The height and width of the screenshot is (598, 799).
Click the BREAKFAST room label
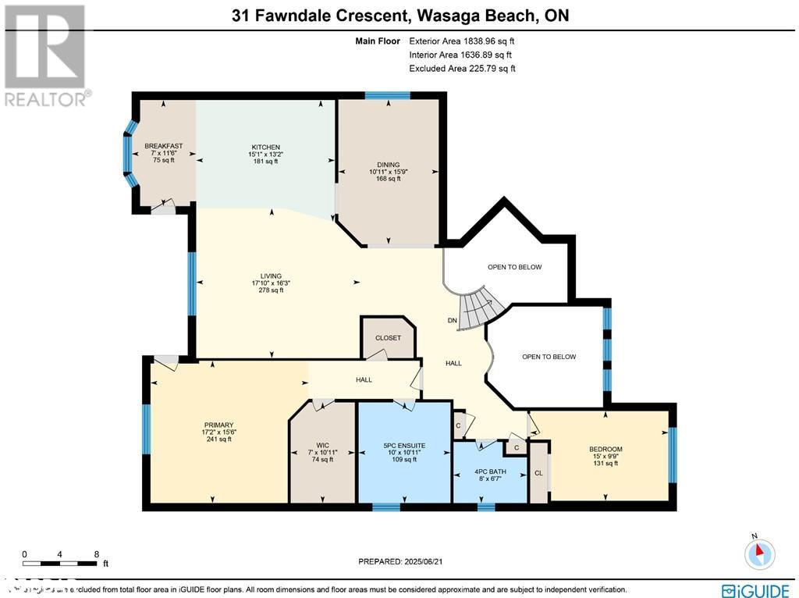[x=163, y=146]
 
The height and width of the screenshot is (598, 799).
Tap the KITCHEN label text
[x=265, y=147]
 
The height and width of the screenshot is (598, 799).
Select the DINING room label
[x=388, y=163]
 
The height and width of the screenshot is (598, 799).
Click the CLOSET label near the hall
[x=388, y=338]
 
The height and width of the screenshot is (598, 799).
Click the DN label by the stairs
[x=452, y=320]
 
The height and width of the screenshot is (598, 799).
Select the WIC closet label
[x=322, y=445]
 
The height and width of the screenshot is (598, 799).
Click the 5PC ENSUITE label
[x=403, y=445]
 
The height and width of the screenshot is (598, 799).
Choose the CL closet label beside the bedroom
[x=538, y=472]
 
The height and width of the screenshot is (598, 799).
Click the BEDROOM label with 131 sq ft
[x=605, y=449]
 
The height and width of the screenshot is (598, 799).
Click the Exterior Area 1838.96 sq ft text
[x=462, y=41]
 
